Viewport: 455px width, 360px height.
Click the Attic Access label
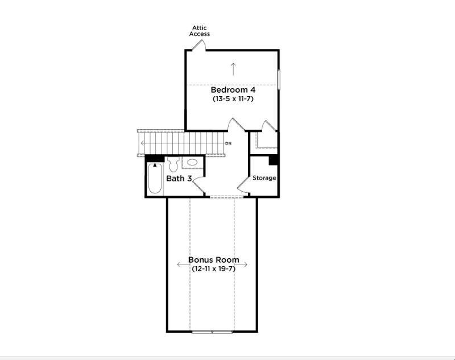[200, 31]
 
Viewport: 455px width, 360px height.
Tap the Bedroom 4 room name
[233, 90]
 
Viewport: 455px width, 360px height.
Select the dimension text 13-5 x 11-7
[233, 98]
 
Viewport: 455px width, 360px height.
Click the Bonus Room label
[214, 260]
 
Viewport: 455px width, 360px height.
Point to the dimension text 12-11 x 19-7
[214, 268]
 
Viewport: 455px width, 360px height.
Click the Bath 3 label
[179, 178]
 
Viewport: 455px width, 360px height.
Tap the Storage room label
[264, 178]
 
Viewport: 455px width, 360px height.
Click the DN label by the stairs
[229, 143]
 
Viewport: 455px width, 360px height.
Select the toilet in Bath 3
[173, 164]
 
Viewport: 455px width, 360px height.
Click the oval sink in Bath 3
[192, 162]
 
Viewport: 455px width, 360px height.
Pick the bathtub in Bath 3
[155, 179]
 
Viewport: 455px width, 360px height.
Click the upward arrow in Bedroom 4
[233, 69]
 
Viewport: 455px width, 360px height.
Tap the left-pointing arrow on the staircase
[143, 143]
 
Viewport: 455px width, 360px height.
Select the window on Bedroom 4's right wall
[279, 79]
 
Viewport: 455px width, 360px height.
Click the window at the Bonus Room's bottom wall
[212, 332]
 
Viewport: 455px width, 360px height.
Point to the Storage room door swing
[243, 185]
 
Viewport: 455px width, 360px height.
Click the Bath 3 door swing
[198, 184]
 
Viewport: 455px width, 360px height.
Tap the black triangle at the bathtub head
[155, 165]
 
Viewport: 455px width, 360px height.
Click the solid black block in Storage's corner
[274, 160]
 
